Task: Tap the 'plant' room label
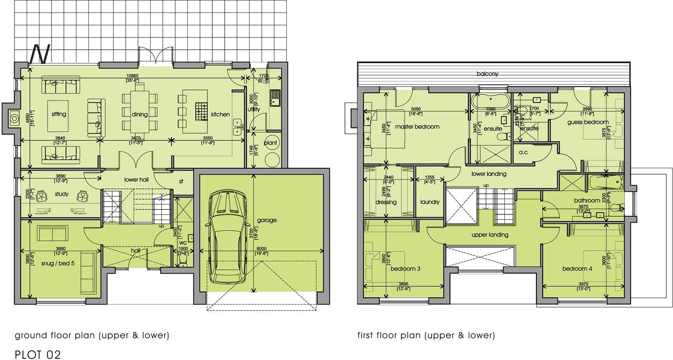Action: click(270, 143)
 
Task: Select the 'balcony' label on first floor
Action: click(488, 74)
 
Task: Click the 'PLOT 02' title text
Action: click(38, 355)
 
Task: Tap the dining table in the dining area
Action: click(140, 111)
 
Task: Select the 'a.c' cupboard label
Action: click(523, 152)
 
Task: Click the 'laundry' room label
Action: click(430, 202)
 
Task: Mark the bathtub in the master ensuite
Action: click(490, 101)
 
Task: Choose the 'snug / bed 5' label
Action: click(58, 263)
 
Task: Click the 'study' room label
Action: click(61, 194)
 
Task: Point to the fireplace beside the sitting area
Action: click(14, 118)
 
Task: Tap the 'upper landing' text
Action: click(490, 235)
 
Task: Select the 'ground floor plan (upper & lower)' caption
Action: click(92, 335)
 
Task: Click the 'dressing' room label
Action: click(386, 202)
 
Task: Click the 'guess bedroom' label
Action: click(588, 122)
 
